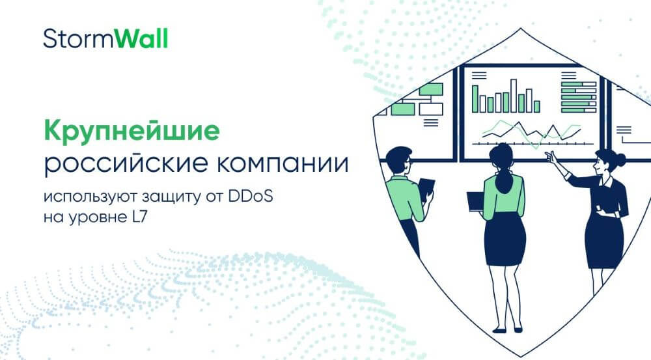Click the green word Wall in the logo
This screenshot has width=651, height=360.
coord(141,38)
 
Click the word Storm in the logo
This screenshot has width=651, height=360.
coord(79,39)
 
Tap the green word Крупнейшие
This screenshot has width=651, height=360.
coord(132,132)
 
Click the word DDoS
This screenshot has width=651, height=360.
coord(251,196)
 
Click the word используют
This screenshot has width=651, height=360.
coord(90,197)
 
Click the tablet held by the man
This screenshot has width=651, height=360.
coord(426,189)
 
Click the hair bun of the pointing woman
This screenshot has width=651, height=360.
coord(620,158)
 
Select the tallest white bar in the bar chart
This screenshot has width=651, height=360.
coord(514,96)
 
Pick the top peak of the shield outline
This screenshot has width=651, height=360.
coord(521,29)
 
